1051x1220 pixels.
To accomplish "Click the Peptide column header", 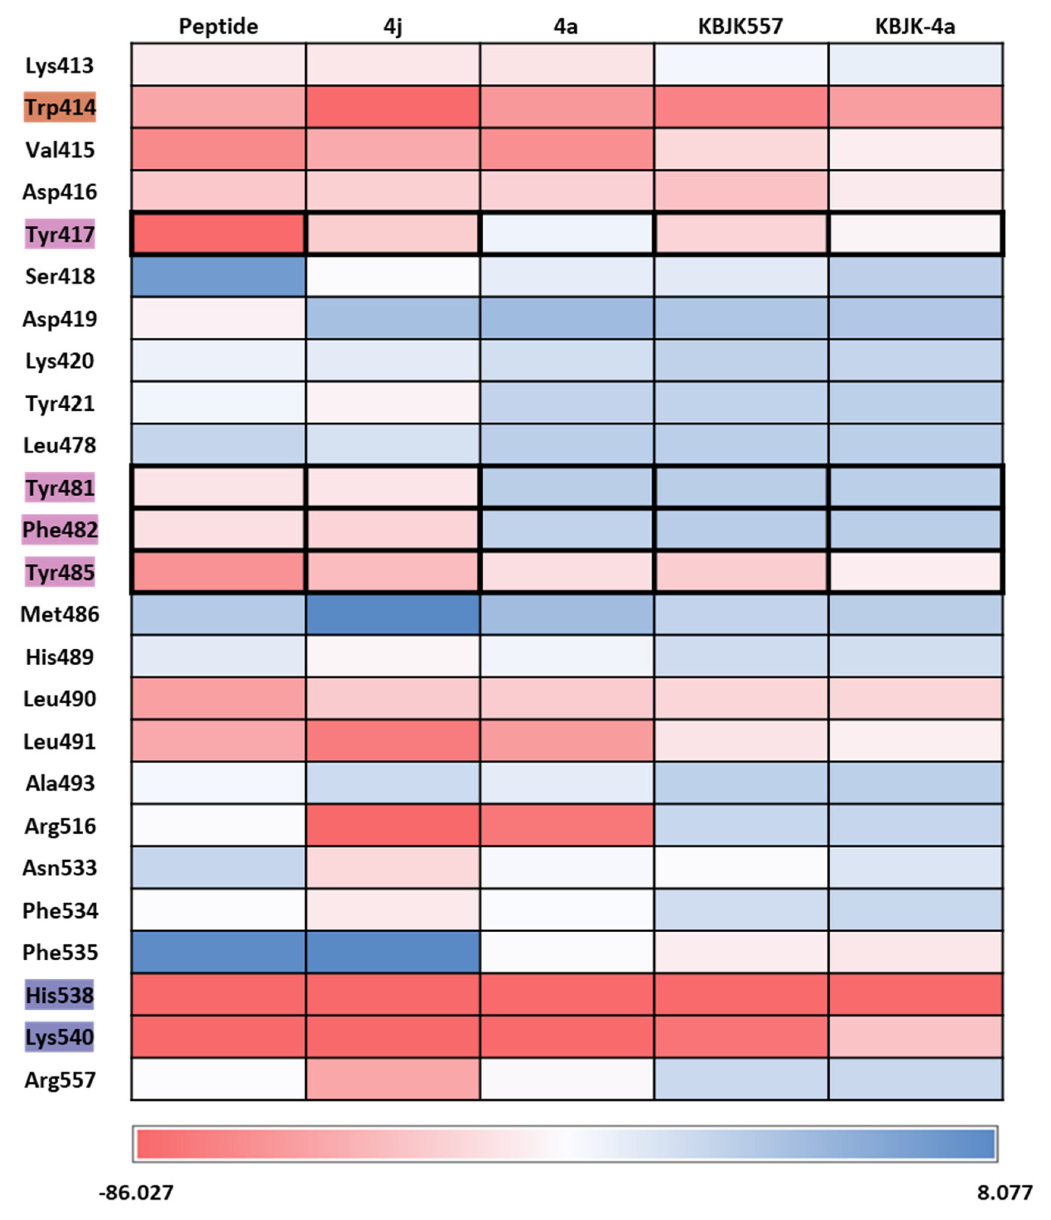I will (218, 27).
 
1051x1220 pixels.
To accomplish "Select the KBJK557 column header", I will (740, 27).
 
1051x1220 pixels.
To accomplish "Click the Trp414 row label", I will (59, 108).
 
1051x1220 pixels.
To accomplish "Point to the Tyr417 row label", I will (59, 234).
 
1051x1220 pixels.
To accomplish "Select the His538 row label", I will (59, 995).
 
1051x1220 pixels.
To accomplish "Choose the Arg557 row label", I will (59, 1080).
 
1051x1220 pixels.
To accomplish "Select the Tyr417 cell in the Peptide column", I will (218, 234).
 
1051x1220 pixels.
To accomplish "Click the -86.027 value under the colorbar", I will (136, 1192).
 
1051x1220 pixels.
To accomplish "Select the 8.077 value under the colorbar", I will (1004, 1192).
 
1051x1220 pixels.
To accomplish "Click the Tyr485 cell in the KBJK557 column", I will (741, 572).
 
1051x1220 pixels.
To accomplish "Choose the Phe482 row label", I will (59, 530).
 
